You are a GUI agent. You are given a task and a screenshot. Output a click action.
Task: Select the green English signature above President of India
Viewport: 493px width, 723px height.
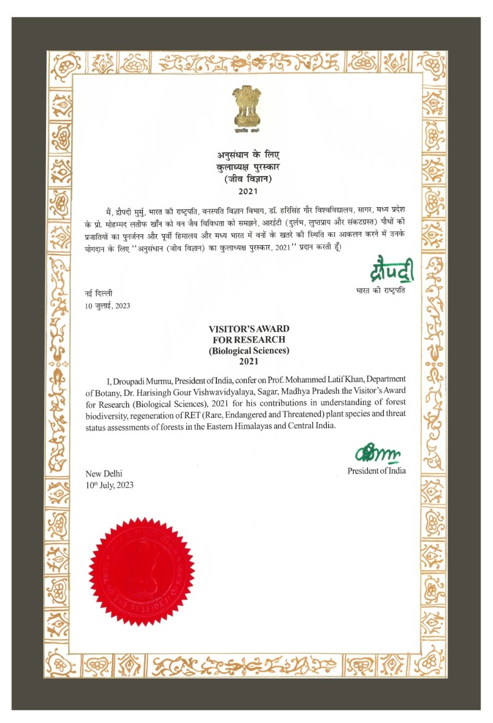click(x=378, y=453)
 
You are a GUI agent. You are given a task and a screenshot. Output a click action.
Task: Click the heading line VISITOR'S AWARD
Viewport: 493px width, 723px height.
click(x=249, y=329)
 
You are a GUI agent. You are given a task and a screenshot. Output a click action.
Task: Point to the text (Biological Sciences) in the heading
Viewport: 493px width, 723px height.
click(x=249, y=351)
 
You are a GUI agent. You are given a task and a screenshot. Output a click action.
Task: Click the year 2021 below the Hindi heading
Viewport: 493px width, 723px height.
click(x=248, y=191)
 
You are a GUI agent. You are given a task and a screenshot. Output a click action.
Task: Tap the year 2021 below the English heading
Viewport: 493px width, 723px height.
click(x=249, y=362)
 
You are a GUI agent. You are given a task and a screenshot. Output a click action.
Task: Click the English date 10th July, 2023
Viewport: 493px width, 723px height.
click(x=110, y=485)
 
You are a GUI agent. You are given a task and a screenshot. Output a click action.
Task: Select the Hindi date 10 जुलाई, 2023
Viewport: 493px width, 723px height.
click(x=107, y=306)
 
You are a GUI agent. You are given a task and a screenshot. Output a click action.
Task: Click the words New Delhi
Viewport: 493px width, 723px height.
click(x=104, y=474)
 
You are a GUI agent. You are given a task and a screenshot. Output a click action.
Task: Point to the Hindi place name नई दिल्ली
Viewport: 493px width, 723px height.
click(x=98, y=294)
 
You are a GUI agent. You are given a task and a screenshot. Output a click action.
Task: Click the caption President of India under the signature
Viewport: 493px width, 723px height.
click(x=376, y=471)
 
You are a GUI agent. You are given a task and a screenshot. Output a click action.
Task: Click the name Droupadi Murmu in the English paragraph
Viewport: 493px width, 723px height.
click(x=143, y=380)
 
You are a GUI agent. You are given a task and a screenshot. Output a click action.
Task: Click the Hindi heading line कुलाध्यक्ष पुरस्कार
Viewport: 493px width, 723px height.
click(x=248, y=167)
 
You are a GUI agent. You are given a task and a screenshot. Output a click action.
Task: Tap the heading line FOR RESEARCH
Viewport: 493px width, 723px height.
click(x=249, y=340)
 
